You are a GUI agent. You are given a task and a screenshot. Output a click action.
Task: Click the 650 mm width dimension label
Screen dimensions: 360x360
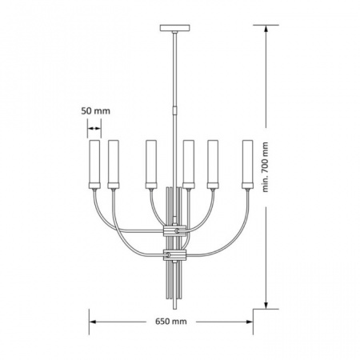coord(171,322)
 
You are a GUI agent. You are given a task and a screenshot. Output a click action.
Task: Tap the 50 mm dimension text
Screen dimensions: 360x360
coord(95,111)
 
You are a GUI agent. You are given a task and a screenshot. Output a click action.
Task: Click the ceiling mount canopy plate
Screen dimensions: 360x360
coord(174,28)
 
